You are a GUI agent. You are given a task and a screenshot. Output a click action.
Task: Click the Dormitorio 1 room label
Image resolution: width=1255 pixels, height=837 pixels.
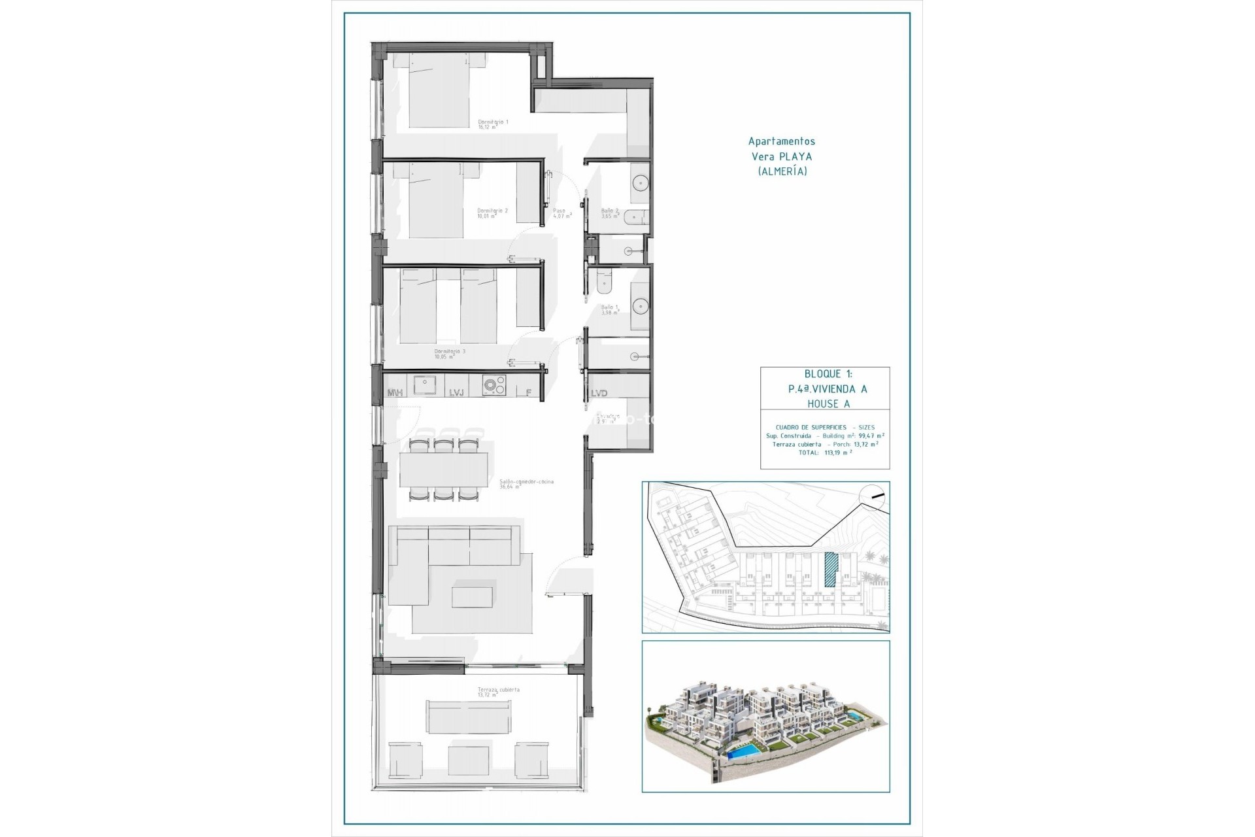pyautogui.click(x=492, y=122)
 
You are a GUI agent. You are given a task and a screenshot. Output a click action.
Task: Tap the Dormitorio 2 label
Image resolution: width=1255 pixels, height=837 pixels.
pyautogui.click(x=492, y=211)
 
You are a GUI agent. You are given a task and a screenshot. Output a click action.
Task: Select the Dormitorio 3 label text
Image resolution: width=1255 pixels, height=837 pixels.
pyautogui.click(x=450, y=352)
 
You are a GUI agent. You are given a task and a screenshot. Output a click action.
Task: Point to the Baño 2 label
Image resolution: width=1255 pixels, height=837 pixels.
pyautogui.click(x=609, y=211)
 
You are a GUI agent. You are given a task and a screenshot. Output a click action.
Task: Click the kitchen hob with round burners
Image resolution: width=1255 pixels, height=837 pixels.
pyautogui.click(x=494, y=386)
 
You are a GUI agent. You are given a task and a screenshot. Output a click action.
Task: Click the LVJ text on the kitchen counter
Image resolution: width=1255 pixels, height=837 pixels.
pyautogui.click(x=456, y=393)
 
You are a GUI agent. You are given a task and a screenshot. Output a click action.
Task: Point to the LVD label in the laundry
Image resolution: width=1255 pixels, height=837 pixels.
pyautogui.click(x=599, y=393)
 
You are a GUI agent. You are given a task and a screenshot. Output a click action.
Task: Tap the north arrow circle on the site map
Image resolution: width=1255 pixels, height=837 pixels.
pyautogui.click(x=875, y=496)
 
